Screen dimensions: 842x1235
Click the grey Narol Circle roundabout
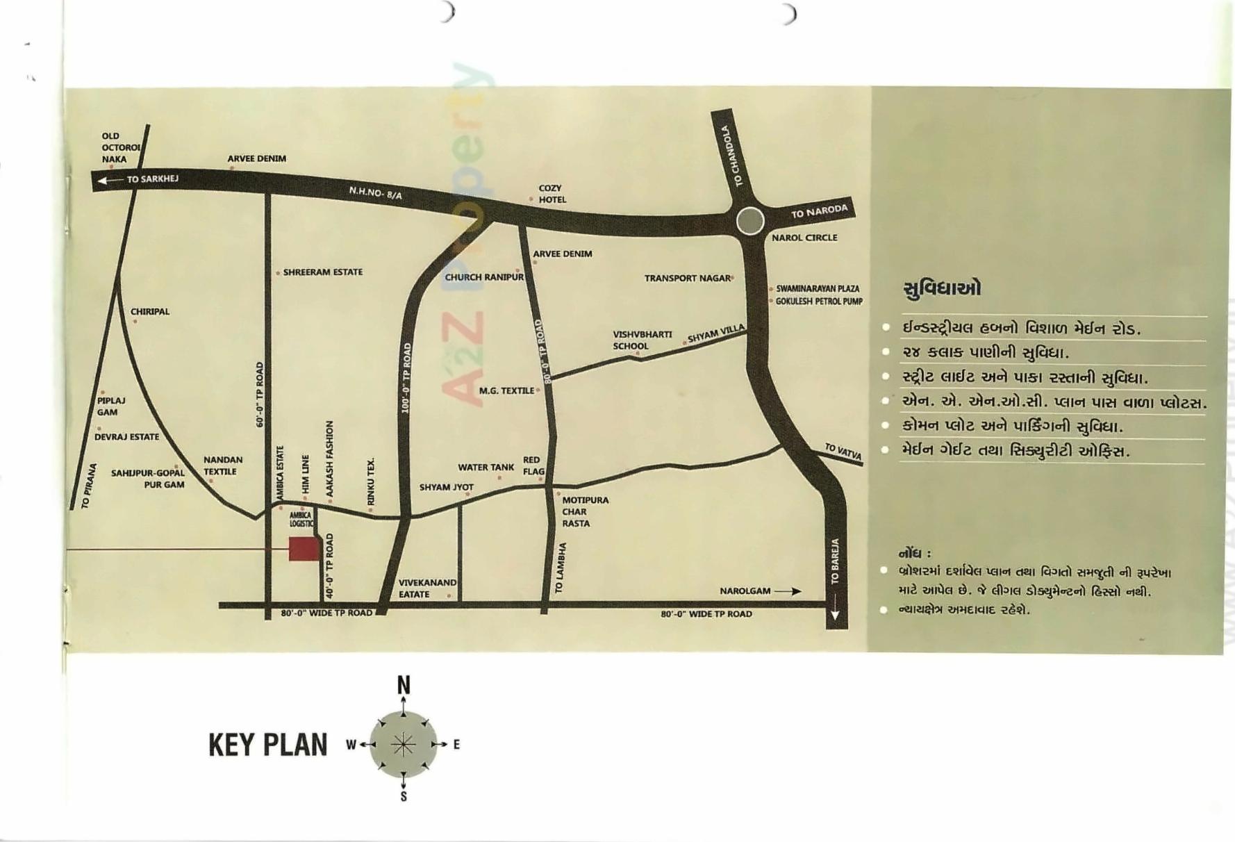coord(750,222)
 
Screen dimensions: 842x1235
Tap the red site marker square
coord(304,549)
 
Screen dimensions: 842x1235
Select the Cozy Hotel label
coord(552,194)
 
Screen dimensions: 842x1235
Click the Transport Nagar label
coord(687,278)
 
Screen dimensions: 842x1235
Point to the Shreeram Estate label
coord(322,272)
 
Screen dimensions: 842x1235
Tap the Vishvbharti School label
coord(642,340)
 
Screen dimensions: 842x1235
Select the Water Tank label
coord(486,468)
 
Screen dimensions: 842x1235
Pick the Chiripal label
coord(150,311)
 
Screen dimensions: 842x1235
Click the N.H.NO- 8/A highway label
coord(375,192)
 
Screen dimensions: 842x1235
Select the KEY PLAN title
coord(267,745)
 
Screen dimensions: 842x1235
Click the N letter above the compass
coord(404,686)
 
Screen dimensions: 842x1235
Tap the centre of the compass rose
coord(404,745)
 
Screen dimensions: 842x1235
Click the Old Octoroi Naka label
coord(120,147)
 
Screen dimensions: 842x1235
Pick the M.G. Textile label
coord(506,391)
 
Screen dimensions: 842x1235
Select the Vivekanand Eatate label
coord(426,588)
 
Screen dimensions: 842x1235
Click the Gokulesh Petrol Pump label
coord(819,302)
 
